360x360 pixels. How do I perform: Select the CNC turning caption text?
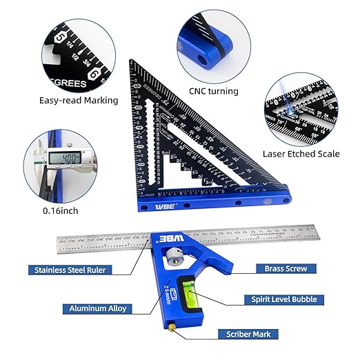(213, 90)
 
